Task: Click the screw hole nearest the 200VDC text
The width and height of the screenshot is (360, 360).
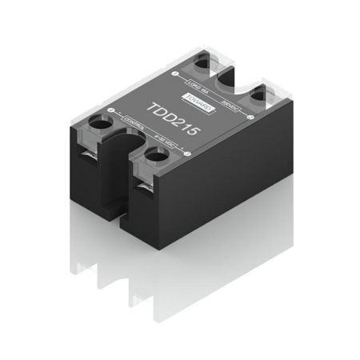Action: [258, 96]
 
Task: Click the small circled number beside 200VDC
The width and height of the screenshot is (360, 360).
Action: [250, 118]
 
